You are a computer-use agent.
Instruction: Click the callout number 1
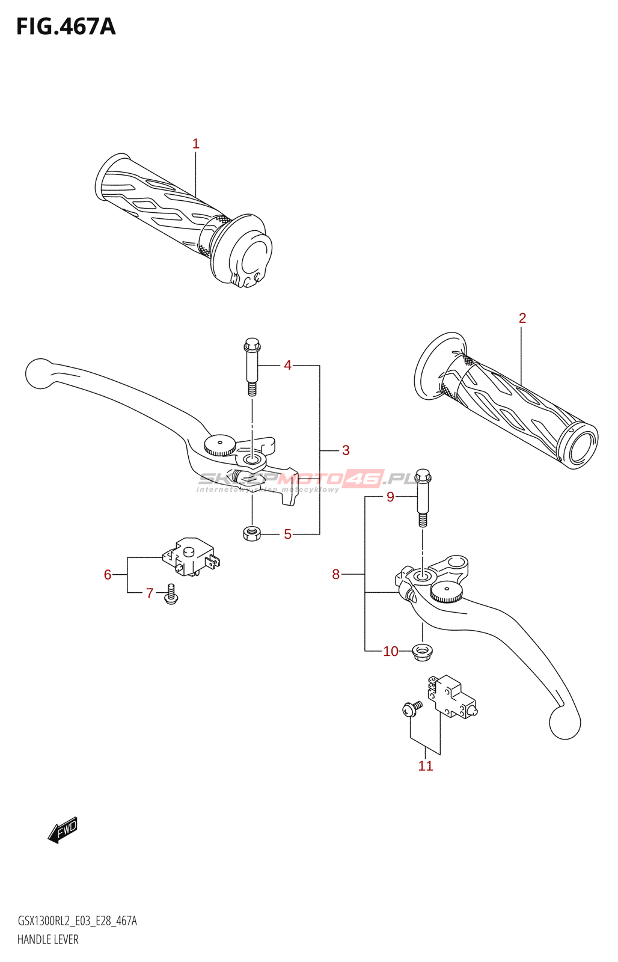tap(195, 144)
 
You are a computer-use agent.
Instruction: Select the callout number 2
tap(522, 318)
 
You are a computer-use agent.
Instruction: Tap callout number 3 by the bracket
tap(346, 450)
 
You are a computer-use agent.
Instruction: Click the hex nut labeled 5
tap(252, 533)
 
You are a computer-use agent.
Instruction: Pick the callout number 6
tap(108, 575)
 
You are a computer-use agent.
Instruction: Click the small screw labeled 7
tap(171, 594)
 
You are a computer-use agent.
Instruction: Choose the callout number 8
tap(336, 575)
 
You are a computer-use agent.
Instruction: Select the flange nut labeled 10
tap(422, 651)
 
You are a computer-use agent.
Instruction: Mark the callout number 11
tap(426, 766)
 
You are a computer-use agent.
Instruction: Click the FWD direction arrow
tap(63, 830)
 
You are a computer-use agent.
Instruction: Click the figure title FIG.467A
tap(66, 27)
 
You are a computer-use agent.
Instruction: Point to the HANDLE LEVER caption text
tap(48, 939)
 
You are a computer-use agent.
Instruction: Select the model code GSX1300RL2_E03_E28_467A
tap(77, 921)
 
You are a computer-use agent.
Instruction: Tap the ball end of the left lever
tap(39, 373)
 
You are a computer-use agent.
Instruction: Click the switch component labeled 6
tap(189, 557)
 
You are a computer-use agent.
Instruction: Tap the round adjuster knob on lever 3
tap(219, 446)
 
